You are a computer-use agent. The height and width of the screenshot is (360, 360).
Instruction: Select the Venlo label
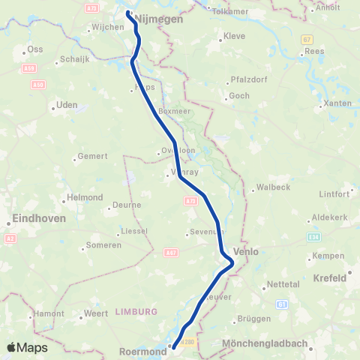[x=246, y=252]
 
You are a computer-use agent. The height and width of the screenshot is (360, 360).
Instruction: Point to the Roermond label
[x=143, y=350]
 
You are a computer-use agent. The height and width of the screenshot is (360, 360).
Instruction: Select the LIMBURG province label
[x=136, y=311]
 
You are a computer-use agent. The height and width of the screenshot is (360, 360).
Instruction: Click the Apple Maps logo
[x=27, y=347]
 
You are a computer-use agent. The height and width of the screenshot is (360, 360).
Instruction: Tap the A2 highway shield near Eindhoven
[x=10, y=238]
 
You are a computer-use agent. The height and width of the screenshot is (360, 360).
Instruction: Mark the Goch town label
[x=239, y=95]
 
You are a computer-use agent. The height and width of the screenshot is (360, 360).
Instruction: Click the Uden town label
[x=67, y=106]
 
